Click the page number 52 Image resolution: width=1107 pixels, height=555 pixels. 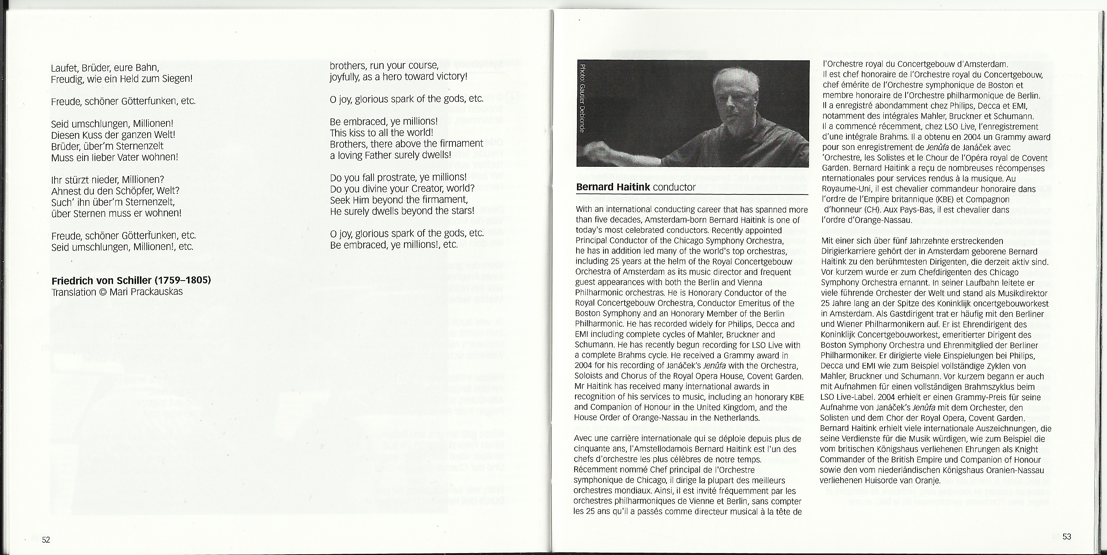[46, 540]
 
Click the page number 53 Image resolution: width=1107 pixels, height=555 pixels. [1067, 537]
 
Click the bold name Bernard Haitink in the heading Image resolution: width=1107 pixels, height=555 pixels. [613, 187]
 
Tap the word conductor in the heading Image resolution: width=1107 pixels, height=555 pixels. [674, 187]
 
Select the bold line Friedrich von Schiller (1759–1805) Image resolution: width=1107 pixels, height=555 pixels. [131, 281]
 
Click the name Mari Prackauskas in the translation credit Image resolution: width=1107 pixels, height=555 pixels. [146, 292]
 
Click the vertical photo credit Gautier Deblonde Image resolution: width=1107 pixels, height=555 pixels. [582, 98]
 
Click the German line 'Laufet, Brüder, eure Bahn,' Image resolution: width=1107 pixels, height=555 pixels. [105, 68]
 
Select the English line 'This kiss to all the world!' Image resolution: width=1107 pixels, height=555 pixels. [382, 132]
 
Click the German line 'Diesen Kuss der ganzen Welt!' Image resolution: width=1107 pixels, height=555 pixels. [113, 135]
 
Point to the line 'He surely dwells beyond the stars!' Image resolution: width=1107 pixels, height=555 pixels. [402, 211]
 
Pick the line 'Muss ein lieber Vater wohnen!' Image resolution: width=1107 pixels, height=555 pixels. [114, 157]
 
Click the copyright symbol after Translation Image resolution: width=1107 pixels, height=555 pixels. [103, 292]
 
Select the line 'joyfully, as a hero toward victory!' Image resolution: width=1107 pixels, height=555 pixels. [398, 77]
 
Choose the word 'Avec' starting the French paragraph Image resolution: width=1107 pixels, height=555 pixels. [583, 439]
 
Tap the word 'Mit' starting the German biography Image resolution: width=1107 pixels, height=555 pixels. [827, 241]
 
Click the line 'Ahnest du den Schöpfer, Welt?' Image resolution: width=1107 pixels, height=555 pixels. [115, 191]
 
